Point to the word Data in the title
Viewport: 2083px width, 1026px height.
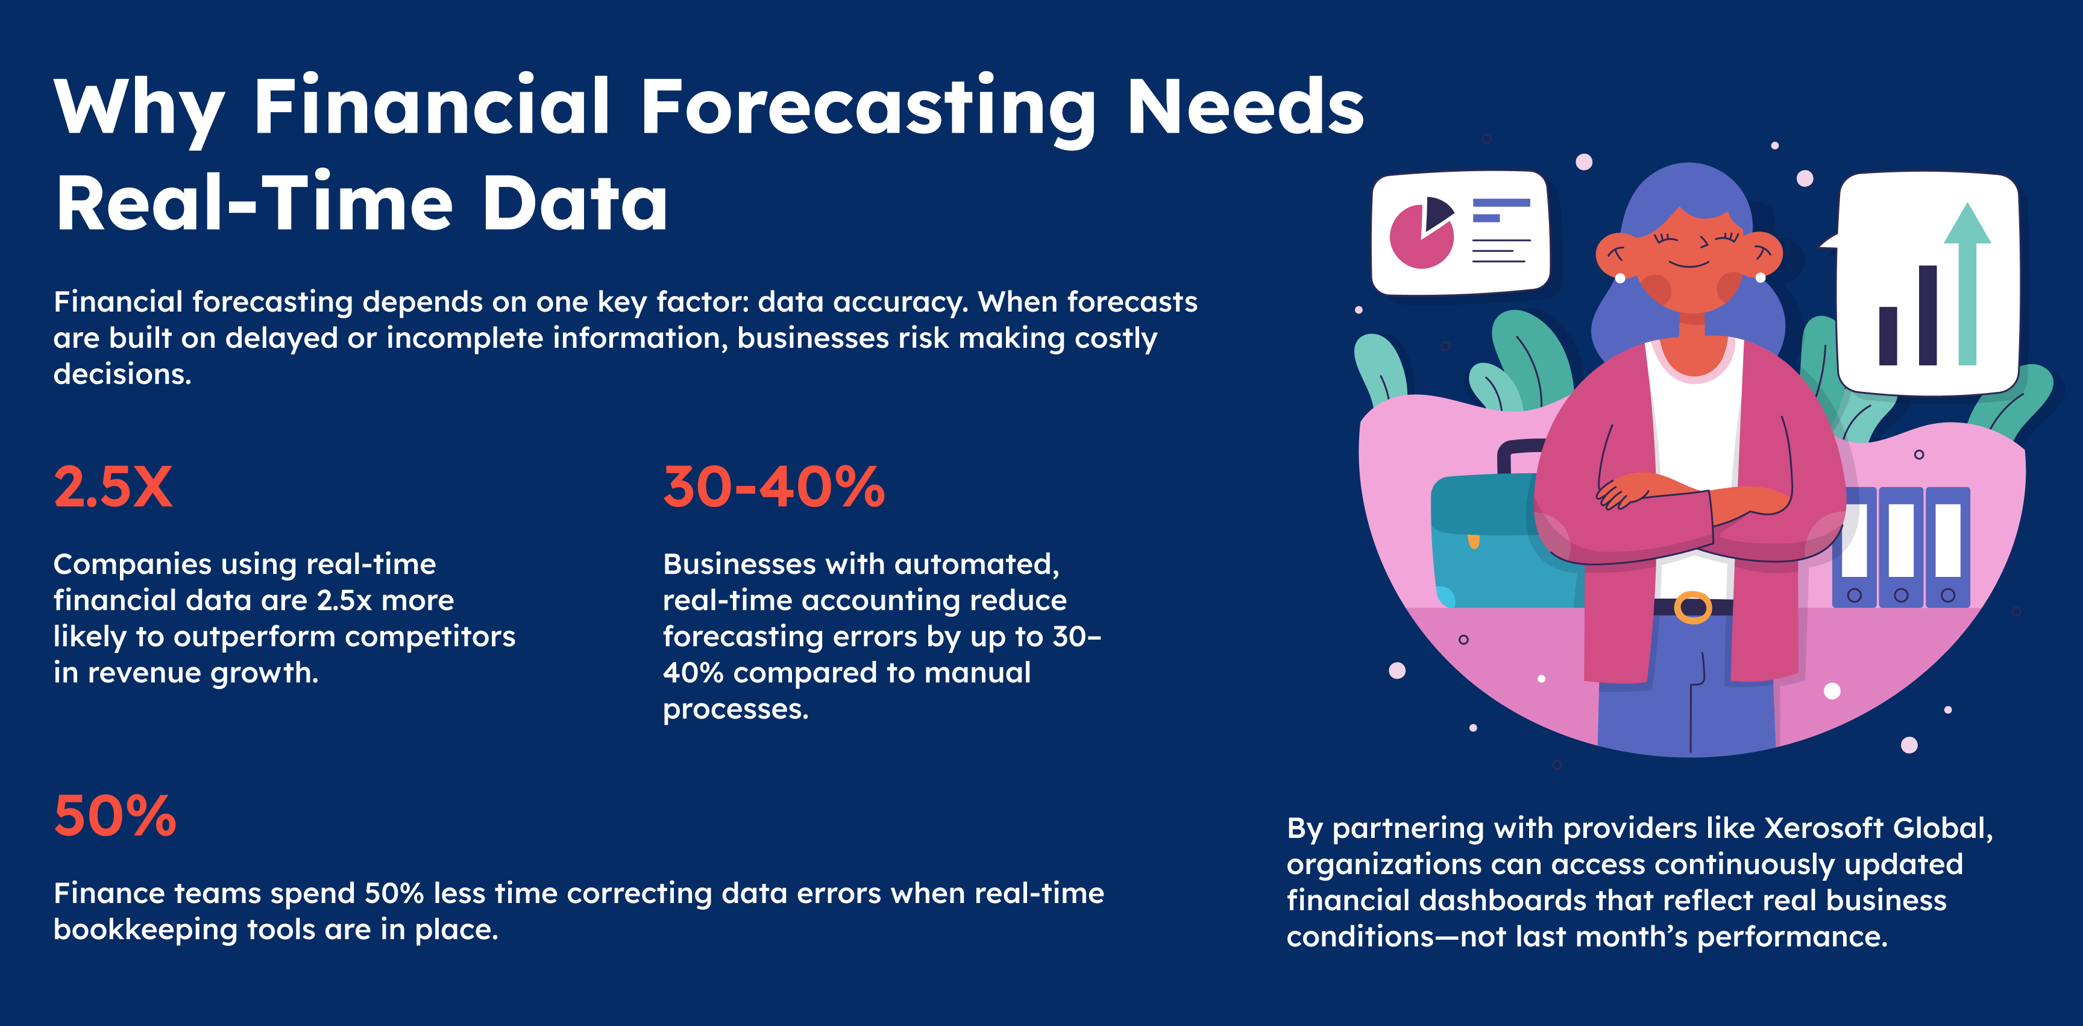click(x=575, y=202)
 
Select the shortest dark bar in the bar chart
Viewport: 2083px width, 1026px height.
click(x=1888, y=336)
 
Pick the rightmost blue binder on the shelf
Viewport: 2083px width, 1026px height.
click(x=1948, y=547)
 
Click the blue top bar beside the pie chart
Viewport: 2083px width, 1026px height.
click(x=1501, y=203)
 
